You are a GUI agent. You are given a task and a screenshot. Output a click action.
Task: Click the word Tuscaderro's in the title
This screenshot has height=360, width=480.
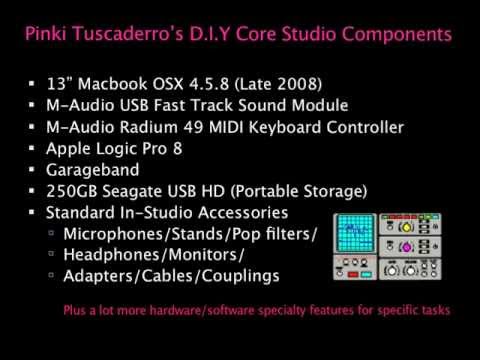point(128,34)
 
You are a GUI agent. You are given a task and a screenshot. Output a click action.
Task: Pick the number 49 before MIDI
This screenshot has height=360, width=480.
point(193,127)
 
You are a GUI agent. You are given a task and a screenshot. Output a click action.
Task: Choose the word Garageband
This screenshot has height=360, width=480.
point(93,170)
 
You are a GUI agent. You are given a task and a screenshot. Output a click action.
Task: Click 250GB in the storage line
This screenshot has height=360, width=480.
point(72,191)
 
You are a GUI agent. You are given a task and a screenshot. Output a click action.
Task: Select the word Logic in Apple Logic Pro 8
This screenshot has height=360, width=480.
point(117,149)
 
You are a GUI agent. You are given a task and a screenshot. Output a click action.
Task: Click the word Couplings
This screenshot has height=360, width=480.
point(240,276)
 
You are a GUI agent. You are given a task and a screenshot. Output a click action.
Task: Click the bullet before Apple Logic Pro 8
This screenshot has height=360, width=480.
point(32,148)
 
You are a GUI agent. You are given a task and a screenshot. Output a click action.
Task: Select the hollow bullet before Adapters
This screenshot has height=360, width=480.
point(51,275)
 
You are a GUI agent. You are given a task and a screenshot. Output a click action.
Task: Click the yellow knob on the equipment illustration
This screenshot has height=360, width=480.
point(406,227)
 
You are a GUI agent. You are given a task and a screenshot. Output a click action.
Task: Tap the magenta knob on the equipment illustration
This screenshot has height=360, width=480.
point(406,247)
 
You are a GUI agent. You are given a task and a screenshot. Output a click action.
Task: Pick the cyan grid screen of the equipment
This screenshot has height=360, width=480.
point(355,233)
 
